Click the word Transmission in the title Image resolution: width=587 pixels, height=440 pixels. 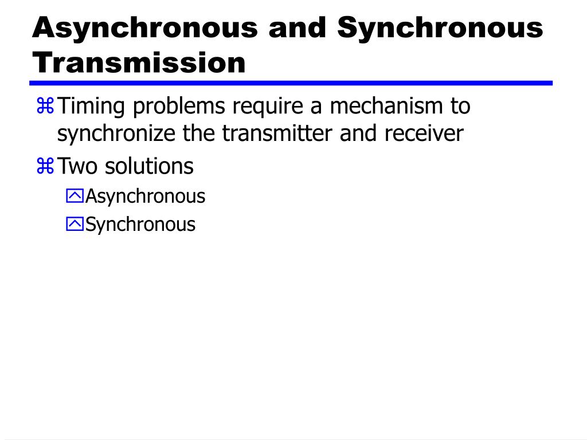point(139,62)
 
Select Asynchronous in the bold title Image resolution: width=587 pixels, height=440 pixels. point(145,27)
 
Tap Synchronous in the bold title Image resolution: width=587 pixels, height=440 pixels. point(440,27)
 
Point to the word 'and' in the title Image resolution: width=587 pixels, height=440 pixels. point(298,27)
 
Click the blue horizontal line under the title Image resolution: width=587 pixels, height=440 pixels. point(292,83)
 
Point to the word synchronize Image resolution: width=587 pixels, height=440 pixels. point(117,133)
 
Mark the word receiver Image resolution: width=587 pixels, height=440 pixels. point(424,133)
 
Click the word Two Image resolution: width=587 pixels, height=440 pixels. point(79,167)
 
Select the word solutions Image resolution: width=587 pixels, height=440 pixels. point(149,167)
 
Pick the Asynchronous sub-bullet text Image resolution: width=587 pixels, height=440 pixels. point(145,197)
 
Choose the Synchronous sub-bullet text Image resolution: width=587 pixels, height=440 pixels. point(140,224)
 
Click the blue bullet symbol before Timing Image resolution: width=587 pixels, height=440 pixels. point(45,106)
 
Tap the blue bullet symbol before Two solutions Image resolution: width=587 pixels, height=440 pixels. point(45,167)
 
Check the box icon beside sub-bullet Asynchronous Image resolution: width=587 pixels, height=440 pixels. point(75,197)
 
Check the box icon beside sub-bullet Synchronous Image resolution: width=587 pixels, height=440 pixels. point(75,224)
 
